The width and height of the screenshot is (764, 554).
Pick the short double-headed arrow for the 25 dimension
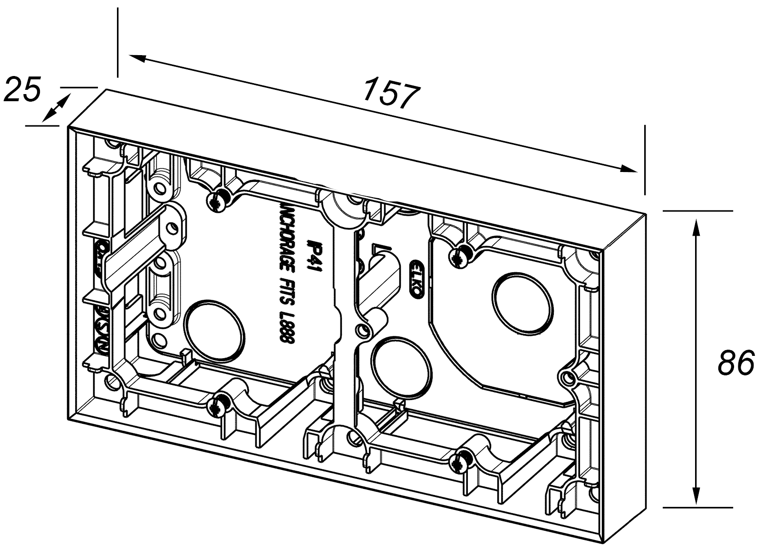pyautogui.click(x=56, y=108)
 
